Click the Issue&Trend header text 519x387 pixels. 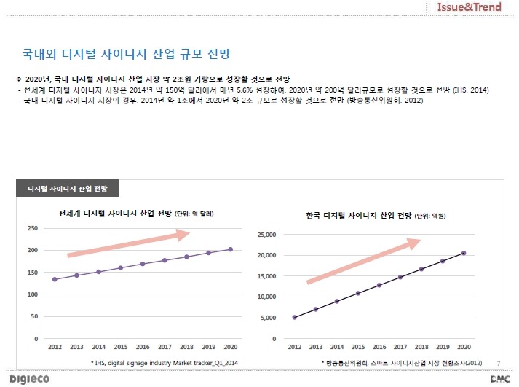[469, 7]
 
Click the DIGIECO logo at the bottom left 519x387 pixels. [29, 379]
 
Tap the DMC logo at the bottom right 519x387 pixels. [500, 379]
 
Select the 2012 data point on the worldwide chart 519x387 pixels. [55, 279]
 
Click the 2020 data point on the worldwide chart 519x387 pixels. [230, 249]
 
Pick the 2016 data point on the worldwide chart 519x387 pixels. [143, 264]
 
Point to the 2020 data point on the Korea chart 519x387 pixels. [464, 253]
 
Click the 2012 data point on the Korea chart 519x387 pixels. [295, 318]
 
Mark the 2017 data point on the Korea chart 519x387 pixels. [400, 277]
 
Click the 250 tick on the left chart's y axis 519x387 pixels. [33, 228]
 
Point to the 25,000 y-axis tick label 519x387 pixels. [266, 235]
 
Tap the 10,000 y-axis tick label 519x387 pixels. [266, 297]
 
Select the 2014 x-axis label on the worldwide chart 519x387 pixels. [99, 347]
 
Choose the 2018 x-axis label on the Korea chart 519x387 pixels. [421, 347]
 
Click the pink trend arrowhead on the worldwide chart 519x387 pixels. [183, 234]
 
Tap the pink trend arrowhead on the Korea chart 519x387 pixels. [413, 243]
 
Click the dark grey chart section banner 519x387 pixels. [67, 189]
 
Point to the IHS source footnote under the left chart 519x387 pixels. [165, 363]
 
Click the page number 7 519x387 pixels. [499, 364]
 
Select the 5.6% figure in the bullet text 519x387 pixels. [245, 90]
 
